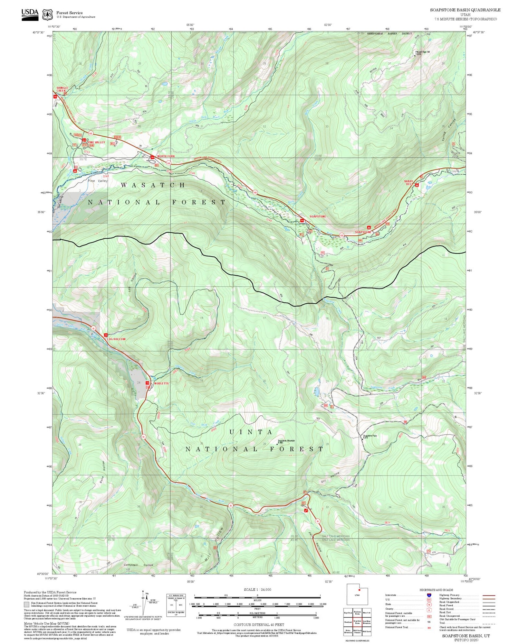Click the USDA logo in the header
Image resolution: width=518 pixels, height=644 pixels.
click(x=30, y=14)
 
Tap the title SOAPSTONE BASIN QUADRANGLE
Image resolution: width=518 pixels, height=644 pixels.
click(x=465, y=10)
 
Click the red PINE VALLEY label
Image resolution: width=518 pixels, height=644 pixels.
click(x=96, y=142)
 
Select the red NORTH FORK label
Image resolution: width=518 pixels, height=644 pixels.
click(x=166, y=156)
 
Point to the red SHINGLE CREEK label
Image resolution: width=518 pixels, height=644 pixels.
click(x=62, y=89)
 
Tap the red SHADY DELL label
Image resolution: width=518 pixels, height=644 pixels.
click(x=409, y=183)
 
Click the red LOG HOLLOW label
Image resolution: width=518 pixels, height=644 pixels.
click(x=116, y=339)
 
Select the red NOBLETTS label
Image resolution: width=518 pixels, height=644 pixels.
click(x=161, y=384)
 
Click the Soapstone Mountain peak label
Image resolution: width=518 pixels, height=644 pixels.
click(x=286, y=441)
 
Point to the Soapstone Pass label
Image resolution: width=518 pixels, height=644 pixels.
click(x=370, y=436)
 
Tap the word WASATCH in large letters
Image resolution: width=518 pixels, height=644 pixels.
click(x=153, y=185)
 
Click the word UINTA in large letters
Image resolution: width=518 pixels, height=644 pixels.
click(x=251, y=432)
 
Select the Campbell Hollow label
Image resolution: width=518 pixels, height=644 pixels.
click(x=138, y=565)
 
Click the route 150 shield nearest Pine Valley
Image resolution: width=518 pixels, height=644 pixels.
click(x=90, y=133)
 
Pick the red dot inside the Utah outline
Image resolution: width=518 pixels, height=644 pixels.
click(x=359, y=590)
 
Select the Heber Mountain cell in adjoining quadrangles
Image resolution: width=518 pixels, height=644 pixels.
click(x=348, y=631)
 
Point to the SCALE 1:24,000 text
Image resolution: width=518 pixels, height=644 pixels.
click(x=257, y=589)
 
